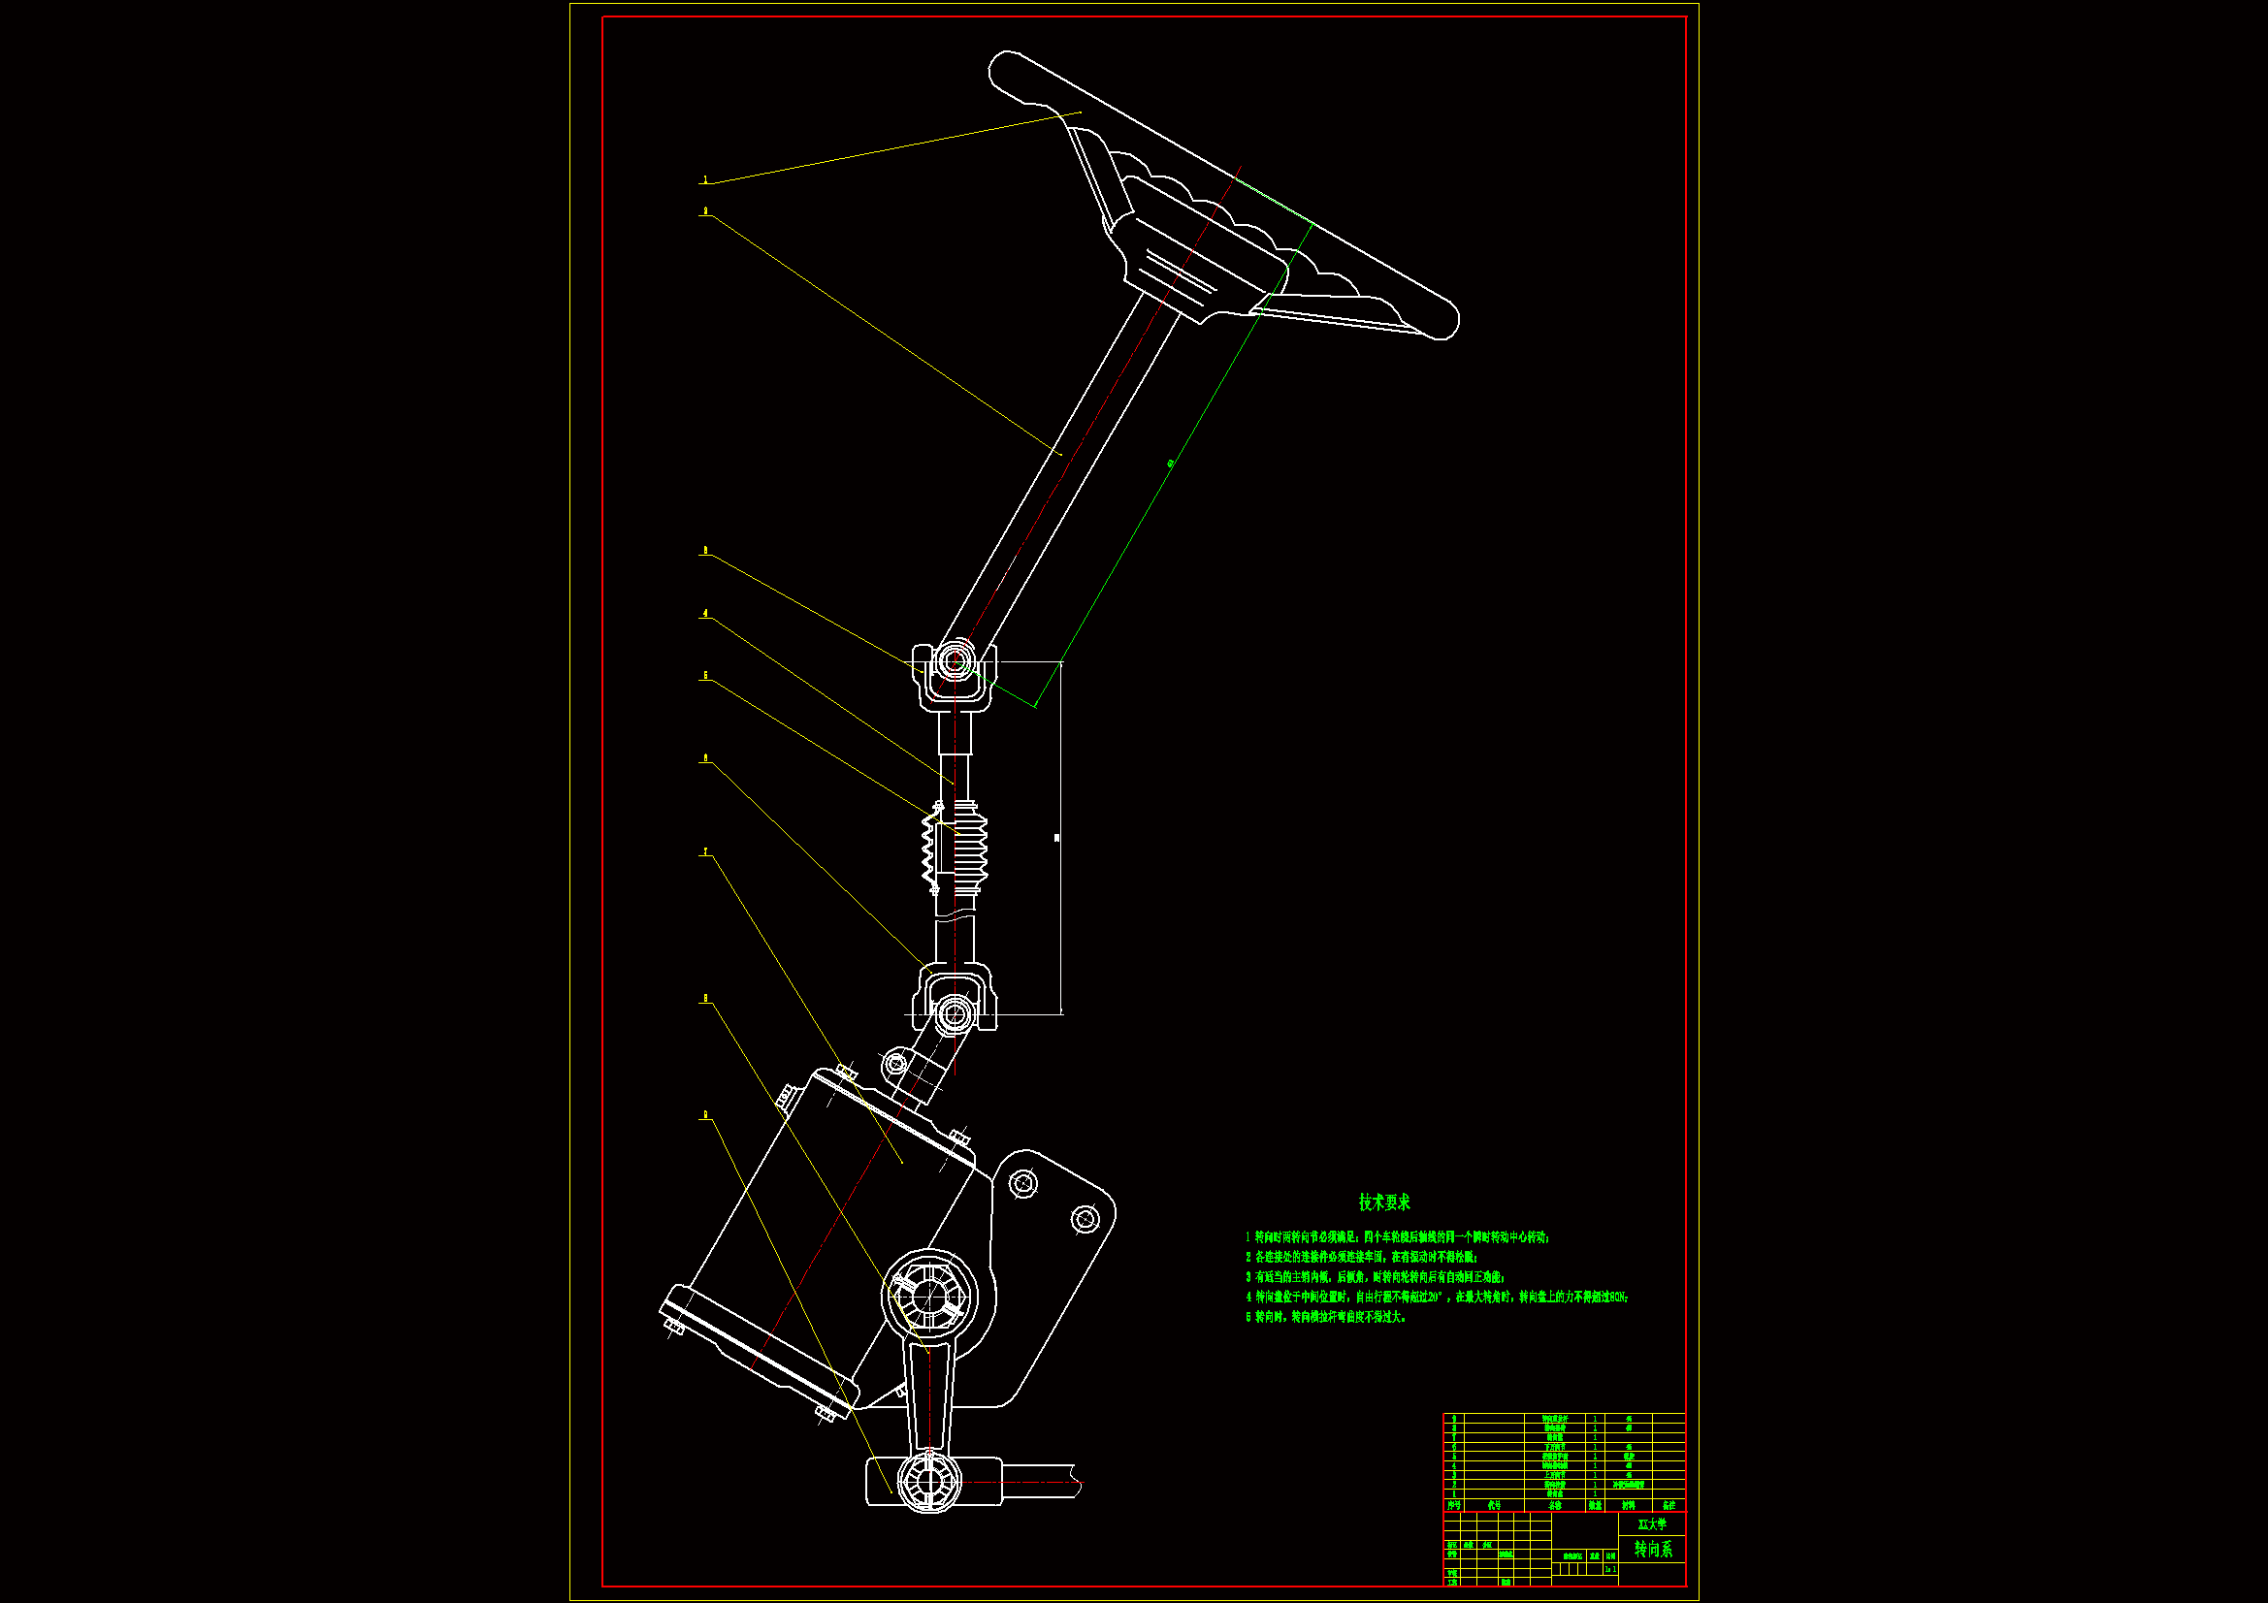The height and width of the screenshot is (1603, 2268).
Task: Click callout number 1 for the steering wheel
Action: (705, 179)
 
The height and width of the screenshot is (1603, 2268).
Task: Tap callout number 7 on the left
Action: (705, 851)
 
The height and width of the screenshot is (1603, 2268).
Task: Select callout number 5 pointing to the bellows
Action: (705, 676)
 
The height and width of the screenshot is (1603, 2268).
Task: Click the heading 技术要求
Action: (1384, 1202)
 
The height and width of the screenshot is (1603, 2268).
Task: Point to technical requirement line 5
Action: (1325, 1317)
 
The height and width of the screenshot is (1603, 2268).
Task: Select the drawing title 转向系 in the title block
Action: (1653, 1550)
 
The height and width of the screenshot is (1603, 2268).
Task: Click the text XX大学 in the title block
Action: (1652, 1524)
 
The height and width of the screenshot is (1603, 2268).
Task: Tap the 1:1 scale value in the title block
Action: (1610, 1568)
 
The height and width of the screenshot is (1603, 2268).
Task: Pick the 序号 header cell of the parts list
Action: (1453, 1505)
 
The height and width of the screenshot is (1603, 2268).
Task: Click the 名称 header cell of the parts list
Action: (1555, 1505)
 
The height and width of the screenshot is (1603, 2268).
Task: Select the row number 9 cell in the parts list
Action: (1453, 1419)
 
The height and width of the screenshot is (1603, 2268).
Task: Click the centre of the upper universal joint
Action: (954, 659)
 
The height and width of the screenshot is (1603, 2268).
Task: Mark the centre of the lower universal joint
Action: (954, 1012)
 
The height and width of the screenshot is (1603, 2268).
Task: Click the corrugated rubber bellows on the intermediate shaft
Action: (956, 847)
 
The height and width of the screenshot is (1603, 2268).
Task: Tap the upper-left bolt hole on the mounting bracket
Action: (1023, 1182)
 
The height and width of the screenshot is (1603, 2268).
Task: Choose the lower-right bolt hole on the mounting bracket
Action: (1085, 1220)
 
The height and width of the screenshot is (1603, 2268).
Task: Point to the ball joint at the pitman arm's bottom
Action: (928, 1481)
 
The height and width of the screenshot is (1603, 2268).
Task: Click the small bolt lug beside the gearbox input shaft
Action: (895, 1064)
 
